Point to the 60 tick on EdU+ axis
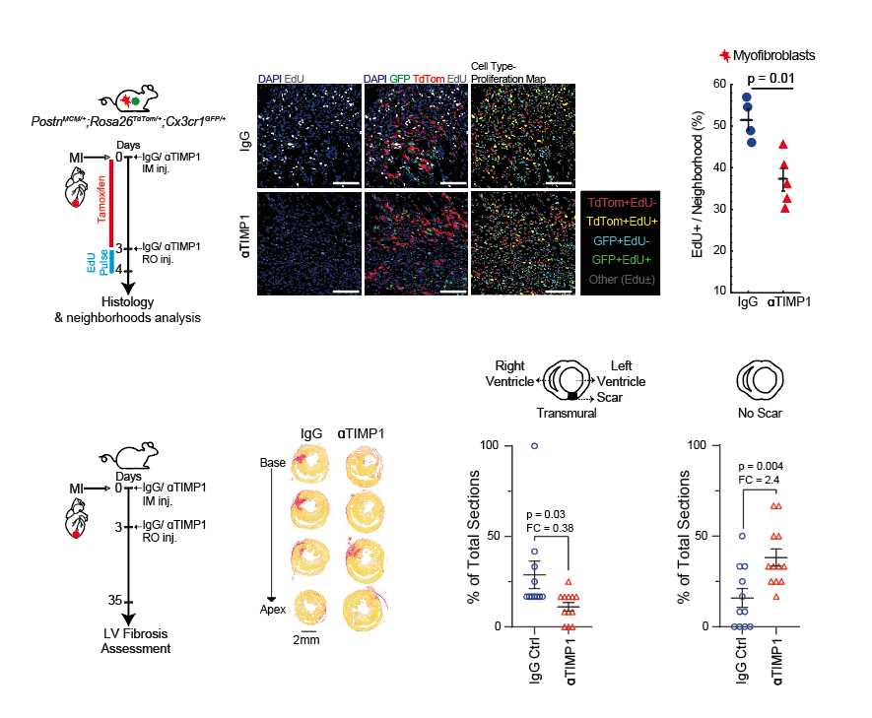coord(719,85)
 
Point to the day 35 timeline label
coord(114,599)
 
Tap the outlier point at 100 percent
coord(534,445)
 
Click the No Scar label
coord(760,414)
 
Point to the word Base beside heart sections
coord(272,463)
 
